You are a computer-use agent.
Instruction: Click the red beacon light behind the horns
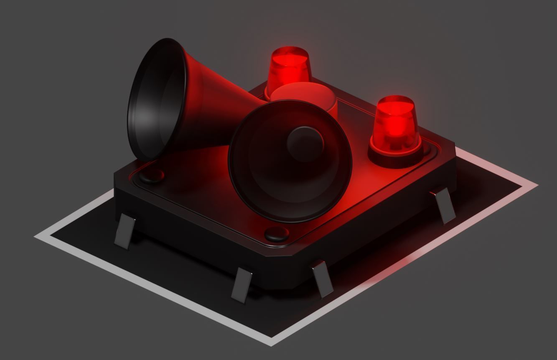pos(290,69)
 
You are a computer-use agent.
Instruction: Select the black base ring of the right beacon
pos(395,157)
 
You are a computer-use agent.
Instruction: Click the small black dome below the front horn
pos(277,234)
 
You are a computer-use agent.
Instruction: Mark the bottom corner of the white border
pos(272,342)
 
